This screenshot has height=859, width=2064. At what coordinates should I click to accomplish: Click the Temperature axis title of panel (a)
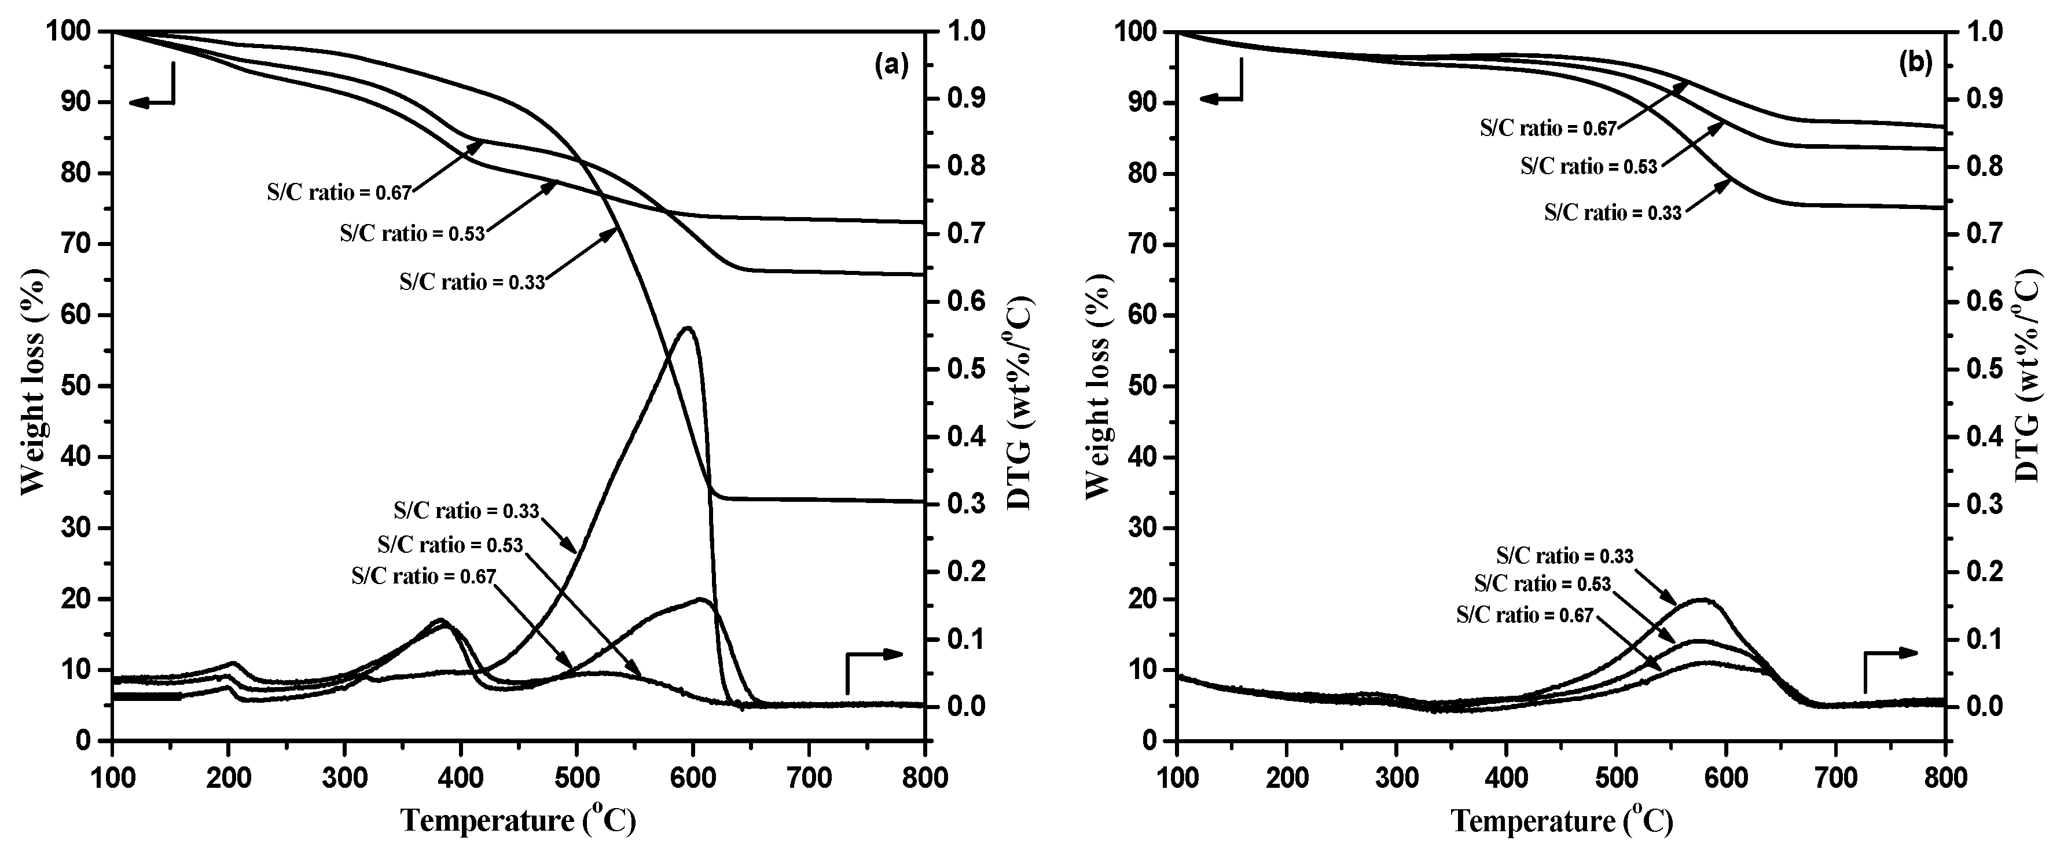pos(519,821)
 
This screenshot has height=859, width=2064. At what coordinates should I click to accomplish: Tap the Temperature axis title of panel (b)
pos(1562,821)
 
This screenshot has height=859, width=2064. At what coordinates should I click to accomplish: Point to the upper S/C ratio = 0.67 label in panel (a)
pos(339,192)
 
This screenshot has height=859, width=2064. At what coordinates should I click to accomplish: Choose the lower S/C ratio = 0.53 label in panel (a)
pos(450,545)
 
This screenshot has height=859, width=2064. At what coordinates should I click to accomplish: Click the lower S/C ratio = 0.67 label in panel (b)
pos(1524,615)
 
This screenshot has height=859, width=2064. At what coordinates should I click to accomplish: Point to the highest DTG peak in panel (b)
pos(1702,599)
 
